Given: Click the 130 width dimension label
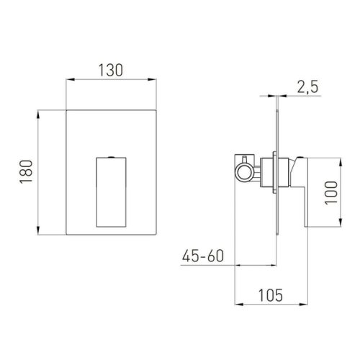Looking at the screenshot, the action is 111,70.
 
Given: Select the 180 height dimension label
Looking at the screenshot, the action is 26,172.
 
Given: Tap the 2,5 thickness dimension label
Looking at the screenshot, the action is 308,86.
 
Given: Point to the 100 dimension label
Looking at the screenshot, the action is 331,193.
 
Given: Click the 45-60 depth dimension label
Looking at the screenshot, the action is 203,256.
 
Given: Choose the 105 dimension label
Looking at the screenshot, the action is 271,295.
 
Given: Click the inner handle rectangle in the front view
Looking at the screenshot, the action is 111,192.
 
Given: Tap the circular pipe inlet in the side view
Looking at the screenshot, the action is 244,173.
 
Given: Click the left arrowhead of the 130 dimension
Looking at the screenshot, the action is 71,79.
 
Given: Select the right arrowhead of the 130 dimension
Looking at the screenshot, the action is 152,79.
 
